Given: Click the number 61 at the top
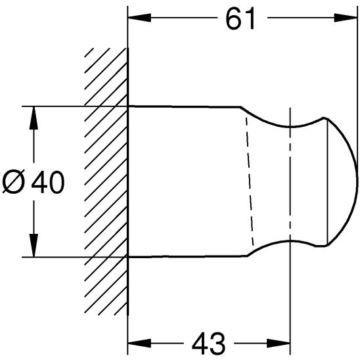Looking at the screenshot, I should click(240, 19).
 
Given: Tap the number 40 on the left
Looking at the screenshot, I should click(48, 182).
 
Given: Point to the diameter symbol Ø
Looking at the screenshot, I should click(15, 182).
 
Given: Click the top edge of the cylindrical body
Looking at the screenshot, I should click(184, 106).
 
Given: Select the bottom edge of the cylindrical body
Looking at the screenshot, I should click(184, 256).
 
